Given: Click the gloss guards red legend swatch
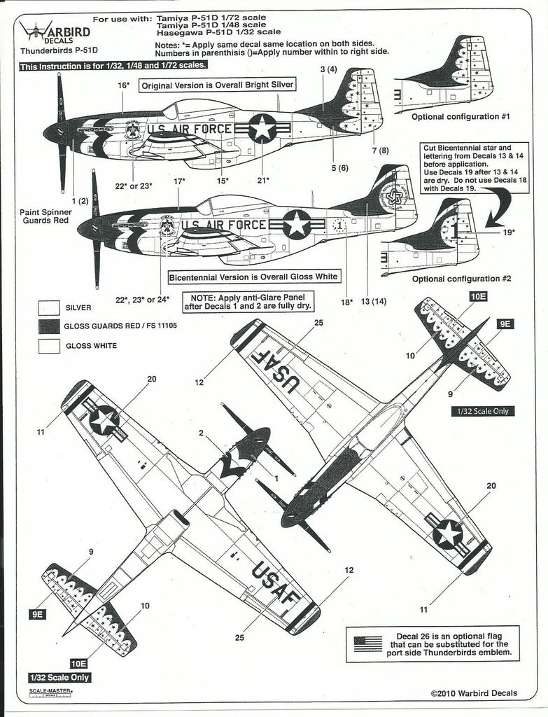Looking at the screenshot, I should [x=50, y=326].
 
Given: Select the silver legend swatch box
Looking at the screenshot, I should [x=50, y=307].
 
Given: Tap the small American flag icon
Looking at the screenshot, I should [x=368, y=643].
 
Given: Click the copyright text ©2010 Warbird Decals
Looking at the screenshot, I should [x=474, y=693].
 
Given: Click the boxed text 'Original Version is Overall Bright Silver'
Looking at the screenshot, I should [x=217, y=85].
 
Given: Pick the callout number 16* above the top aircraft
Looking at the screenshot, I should [x=124, y=85].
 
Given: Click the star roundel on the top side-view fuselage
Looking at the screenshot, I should [x=262, y=127].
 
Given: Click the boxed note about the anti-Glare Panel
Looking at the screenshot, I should [x=248, y=301].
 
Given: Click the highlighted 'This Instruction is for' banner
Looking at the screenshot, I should [x=113, y=65].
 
